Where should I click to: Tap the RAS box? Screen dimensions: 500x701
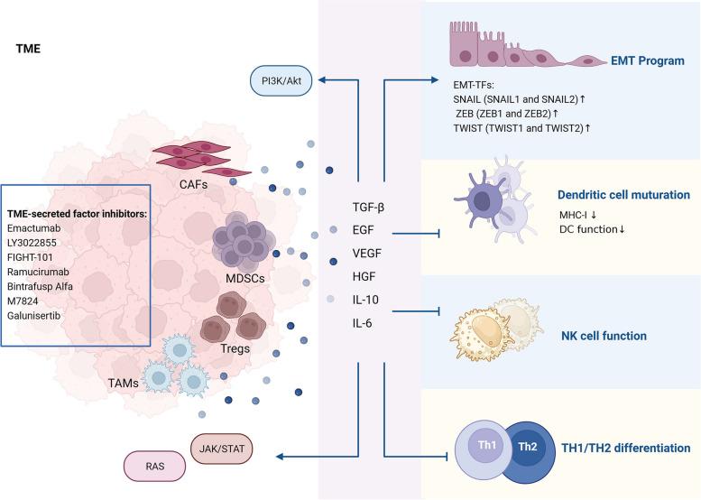[155, 468]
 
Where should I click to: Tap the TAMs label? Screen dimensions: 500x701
[123, 384]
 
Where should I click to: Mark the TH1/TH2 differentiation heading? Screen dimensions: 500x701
[625, 448]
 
